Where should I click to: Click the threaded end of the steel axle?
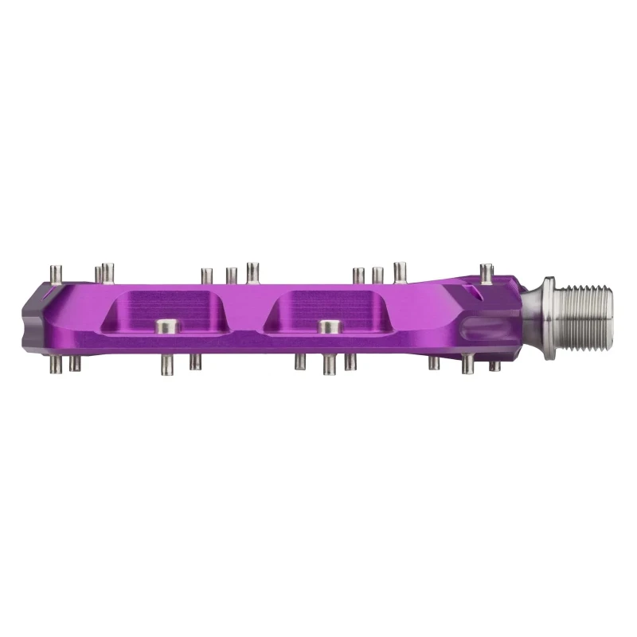point(590,303)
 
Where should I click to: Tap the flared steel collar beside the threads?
point(550,303)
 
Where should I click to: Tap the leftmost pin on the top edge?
point(55,273)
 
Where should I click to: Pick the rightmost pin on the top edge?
point(486,272)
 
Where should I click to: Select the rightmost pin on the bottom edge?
point(494,365)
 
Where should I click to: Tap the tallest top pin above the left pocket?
point(252,272)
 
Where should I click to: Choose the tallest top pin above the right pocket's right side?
point(399,272)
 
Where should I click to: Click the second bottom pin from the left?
point(74,363)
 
